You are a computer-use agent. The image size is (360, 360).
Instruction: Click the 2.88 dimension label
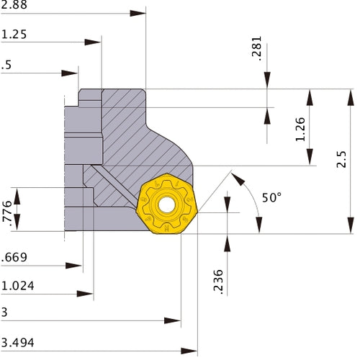click(x=12, y=5)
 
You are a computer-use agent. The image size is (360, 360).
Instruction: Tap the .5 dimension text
click(x=6, y=65)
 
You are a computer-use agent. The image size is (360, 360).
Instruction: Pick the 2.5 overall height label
click(x=342, y=159)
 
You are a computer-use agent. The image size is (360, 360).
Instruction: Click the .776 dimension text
click(x=8, y=211)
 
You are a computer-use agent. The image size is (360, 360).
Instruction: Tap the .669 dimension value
click(x=14, y=257)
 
